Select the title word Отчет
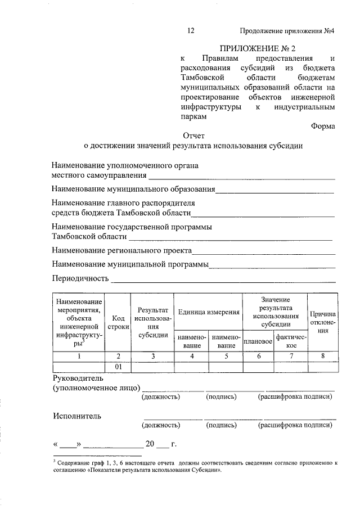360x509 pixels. pos(194,136)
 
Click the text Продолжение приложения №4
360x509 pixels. pos(287,31)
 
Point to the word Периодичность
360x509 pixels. pos(80,278)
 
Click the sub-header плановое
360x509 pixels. pos(258,341)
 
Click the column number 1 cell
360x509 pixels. pos(79,356)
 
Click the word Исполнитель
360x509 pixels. pos(78,416)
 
